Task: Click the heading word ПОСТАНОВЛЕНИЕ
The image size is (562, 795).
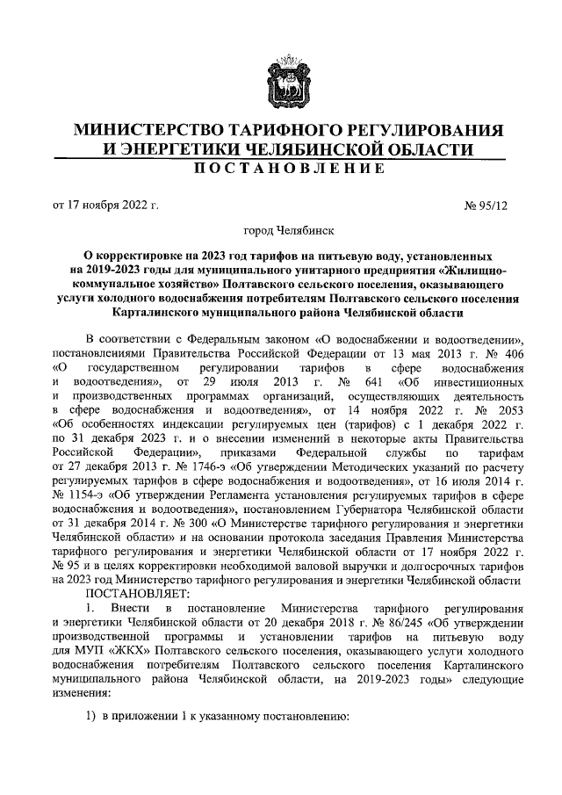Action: click(x=280, y=168)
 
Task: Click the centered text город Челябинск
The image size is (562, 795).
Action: click(x=280, y=231)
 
